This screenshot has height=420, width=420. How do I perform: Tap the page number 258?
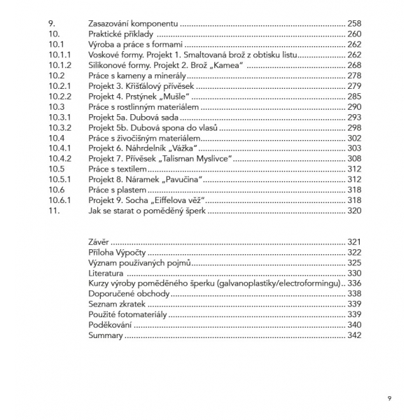[x=355, y=23]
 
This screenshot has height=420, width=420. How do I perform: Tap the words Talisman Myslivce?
[x=195, y=159]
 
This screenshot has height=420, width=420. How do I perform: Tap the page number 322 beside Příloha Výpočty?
[x=355, y=252]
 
